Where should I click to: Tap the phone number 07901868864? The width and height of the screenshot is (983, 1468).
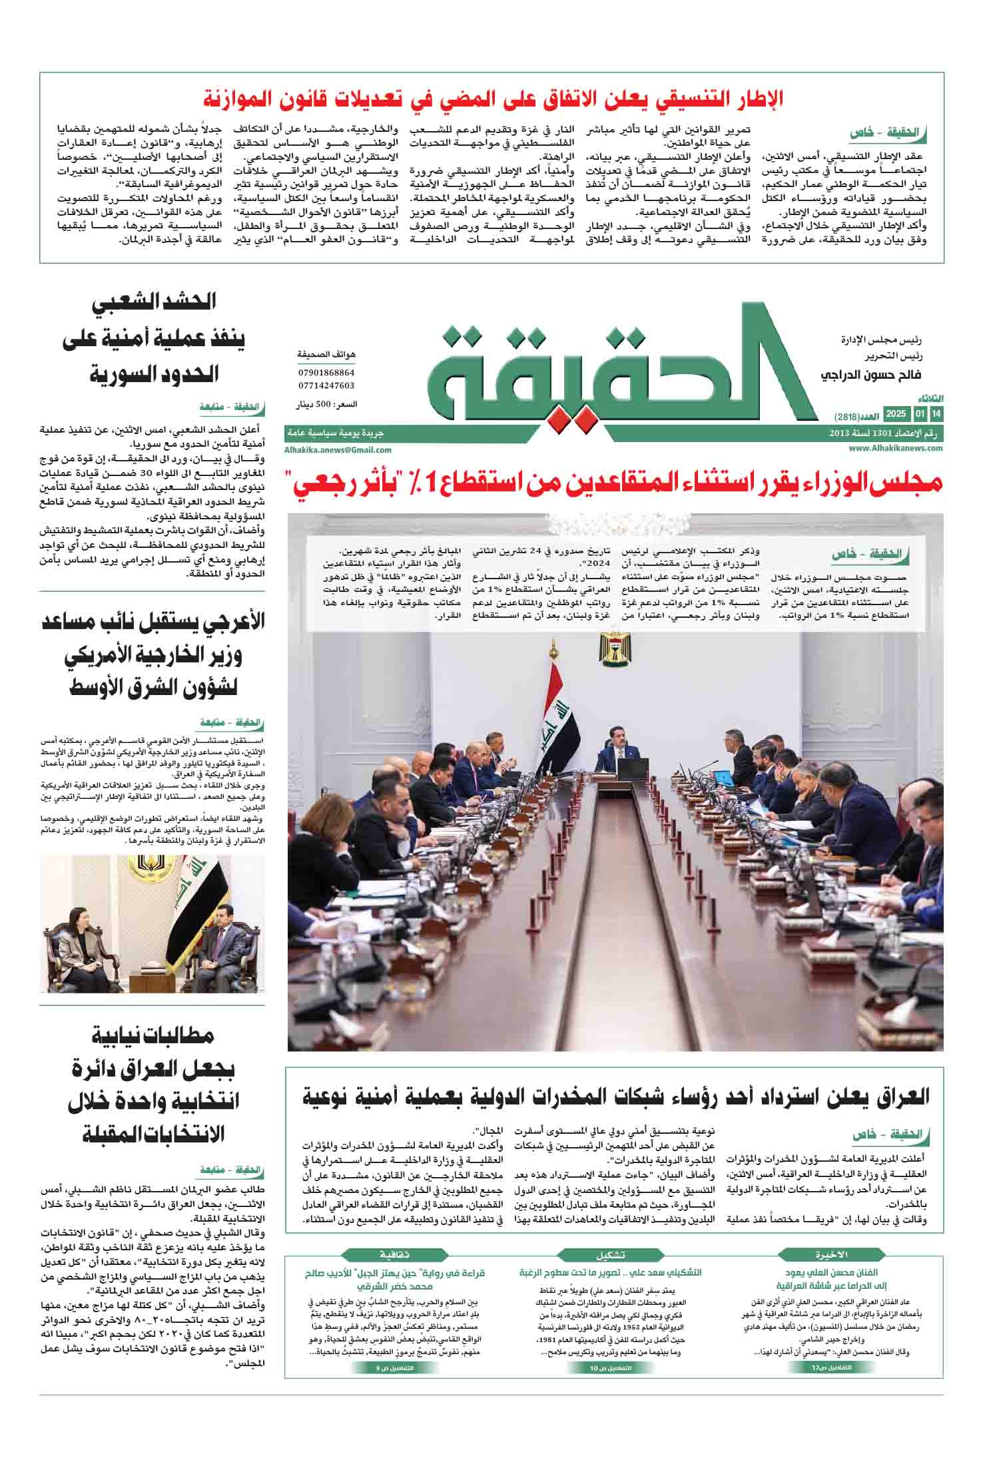[326, 373]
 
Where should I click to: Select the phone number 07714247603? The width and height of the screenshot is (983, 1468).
[326, 385]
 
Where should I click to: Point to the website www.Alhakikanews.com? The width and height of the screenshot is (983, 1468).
[896, 449]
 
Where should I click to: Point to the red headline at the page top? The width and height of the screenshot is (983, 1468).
[492, 99]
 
